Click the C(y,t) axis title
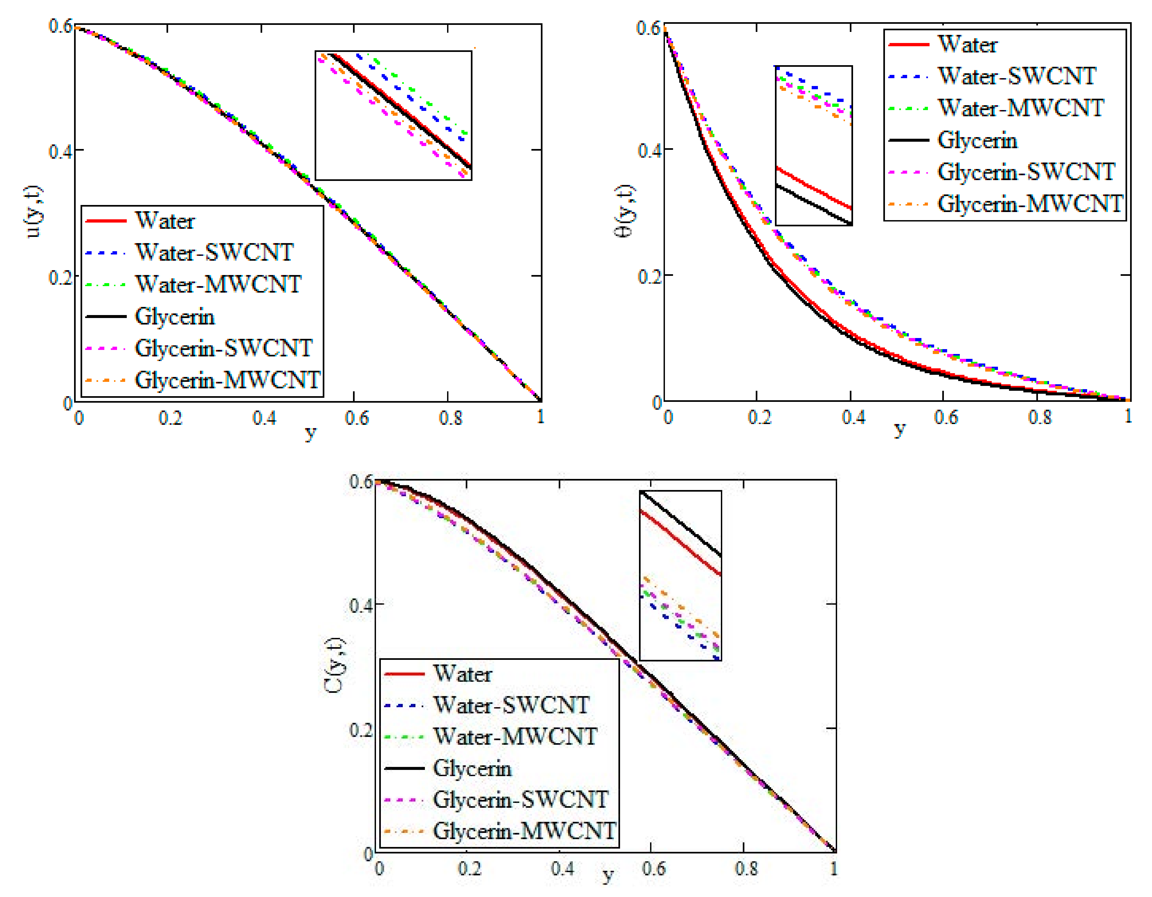[334, 665]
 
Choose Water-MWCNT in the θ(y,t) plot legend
[1021, 108]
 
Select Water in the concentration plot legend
[462, 674]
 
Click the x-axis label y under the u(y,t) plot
[311, 433]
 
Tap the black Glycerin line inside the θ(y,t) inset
[812, 205]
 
